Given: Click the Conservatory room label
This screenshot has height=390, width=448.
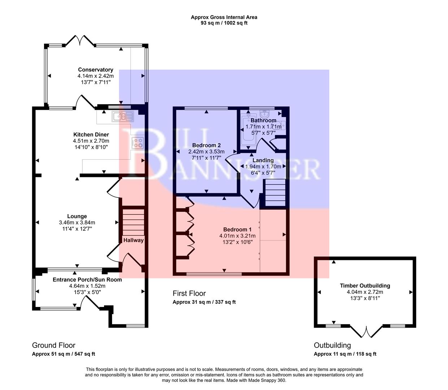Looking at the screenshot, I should tap(95, 70).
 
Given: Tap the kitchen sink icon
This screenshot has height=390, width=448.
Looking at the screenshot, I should tap(123, 116).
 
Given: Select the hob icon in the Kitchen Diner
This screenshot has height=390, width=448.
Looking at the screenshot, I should tap(138, 143).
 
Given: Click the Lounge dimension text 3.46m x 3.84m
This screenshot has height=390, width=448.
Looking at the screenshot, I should tap(77, 223).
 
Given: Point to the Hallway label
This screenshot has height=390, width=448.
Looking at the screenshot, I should tap(133, 240).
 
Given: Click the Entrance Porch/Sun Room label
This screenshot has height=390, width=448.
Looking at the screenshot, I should tap(87, 279).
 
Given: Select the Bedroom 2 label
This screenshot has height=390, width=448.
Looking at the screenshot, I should tap(206, 146).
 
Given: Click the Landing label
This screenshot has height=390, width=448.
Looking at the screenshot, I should tap(263, 160).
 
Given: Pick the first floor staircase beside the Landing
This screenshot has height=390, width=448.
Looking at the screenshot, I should tap(275, 193).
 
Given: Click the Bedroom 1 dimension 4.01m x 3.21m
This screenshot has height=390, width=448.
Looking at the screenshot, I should tap(237, 236).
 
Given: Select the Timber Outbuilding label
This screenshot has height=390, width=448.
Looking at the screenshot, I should tap(365, 286).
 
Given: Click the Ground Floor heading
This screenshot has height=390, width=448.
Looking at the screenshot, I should tap(54, 346).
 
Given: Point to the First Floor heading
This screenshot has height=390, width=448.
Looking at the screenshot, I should tap(189, 294).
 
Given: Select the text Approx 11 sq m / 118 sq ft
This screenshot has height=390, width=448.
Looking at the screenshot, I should tap(345, 354).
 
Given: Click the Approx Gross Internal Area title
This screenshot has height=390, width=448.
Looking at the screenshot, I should tap(224, 17).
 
